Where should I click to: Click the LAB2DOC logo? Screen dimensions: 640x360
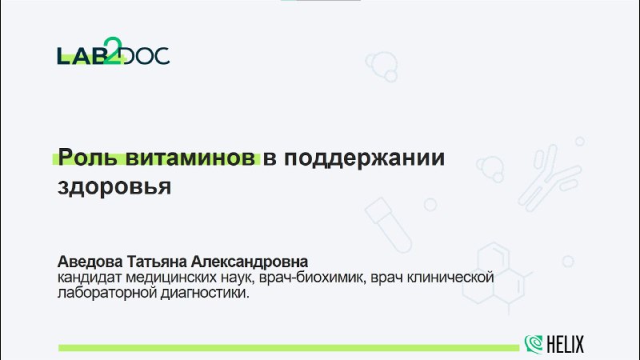click(x=114, y=51)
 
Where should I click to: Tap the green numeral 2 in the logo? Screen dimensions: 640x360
click(x=113, y=50)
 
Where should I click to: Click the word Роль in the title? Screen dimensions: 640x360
click(x=87, y=158)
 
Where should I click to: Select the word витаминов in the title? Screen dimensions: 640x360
click(x=190, y=158)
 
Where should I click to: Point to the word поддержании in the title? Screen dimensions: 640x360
click(x=364, y=158)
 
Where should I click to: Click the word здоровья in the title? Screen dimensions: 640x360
click(x=114, y=187)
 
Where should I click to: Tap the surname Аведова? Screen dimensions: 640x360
click(x=90, y=262)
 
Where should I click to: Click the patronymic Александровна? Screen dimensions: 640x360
click(x=250, y=262)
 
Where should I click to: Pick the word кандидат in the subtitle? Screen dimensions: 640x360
click(x=90, y=277)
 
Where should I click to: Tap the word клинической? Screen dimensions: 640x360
click(x=451, y=277)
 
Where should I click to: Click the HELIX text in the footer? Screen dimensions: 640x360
click(x=566, y=344)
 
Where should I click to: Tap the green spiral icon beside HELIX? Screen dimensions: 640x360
click(x=534, y=344)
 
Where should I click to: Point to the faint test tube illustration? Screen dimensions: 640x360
click(x=388, y=225)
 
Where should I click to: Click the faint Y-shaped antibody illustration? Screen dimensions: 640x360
click(x=549, y=178)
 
